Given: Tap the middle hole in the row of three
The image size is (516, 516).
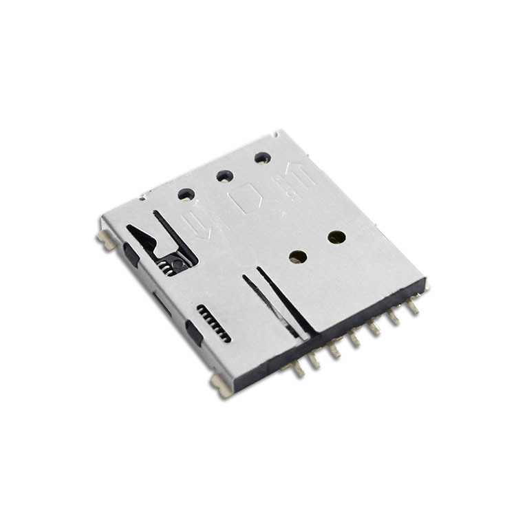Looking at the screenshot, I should click(224, 176).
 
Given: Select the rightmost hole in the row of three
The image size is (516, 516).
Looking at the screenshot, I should click(262, 158).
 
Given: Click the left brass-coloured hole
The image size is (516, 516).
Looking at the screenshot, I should click(298, 257).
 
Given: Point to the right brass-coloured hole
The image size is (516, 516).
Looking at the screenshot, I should click(336, 237).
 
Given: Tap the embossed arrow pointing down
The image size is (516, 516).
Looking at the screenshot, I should click(198, 224).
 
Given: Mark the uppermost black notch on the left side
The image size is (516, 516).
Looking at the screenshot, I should click(131, 256).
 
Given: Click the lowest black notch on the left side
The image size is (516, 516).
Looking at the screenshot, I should click(194, 336).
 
